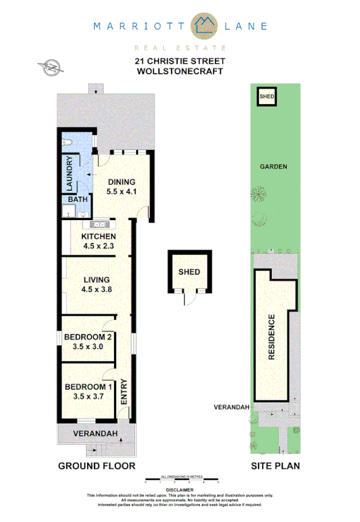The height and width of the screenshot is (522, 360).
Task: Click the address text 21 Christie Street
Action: [x=180, y=61]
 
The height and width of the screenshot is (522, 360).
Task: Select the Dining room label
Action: [x=121, y=182]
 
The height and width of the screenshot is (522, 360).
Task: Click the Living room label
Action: [x=95, y=280]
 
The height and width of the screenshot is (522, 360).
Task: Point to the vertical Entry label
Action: [x=124, y=391]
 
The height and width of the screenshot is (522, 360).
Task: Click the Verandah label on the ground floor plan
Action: [x=95, y=434]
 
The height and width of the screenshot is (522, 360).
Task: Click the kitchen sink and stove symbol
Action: [x=100, y=224]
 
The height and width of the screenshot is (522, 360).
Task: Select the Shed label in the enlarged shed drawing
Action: [x=189, y=272]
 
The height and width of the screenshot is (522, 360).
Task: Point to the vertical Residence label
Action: [x=272, y=337]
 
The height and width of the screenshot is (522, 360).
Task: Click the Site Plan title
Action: [x=276, y=466]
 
